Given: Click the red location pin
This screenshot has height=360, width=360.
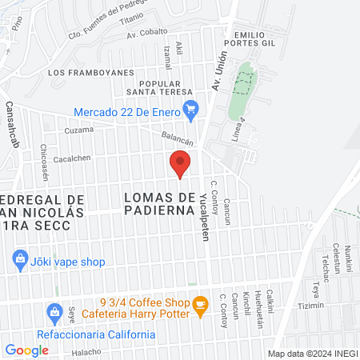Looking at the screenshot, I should pyautogui.click(x=181, y=164).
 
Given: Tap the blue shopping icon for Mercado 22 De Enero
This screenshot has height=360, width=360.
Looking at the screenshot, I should pyautogui.click(x=190, y=111).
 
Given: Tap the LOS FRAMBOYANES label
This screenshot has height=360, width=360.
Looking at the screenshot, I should pyautogui.click(x=90, y=73).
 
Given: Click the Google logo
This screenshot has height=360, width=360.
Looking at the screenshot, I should pyautogui.click(x=27, y=350).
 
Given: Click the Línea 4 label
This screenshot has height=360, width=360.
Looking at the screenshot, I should pyautogui.click(x=237, y=126).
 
